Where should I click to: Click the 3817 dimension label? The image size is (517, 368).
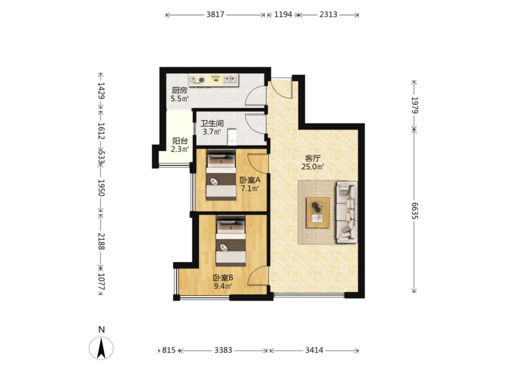[x=215, y=14]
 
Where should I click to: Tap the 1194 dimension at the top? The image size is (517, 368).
[x=283, y=14]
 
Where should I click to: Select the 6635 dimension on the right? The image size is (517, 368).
[x=415, y=211]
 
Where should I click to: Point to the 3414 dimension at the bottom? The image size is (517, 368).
[x=314, y=350]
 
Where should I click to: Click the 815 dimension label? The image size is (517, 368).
[x=169, y=350]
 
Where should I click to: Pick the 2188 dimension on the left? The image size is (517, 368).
[x=101, y=241]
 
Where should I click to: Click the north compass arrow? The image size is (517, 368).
[x=101, y=348]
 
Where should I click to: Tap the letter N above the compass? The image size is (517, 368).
[x=102, y=330]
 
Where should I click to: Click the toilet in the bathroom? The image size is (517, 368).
[x=232, y=137]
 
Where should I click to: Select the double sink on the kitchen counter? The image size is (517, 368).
[x=230, y=80]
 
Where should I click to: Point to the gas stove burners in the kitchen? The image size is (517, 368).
[x=197, y=80]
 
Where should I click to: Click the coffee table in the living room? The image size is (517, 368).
[x=318, y=213]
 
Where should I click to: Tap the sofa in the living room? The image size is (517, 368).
[x=347, y=212]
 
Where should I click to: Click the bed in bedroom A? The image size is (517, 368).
[x=221, y=175]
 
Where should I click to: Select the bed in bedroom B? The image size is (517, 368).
[x=231, y=241]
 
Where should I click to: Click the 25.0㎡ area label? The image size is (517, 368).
[x=313, y=166]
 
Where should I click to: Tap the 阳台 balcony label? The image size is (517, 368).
[x=180, y=141]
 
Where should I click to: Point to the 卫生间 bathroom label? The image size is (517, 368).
[x=212, y=123]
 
